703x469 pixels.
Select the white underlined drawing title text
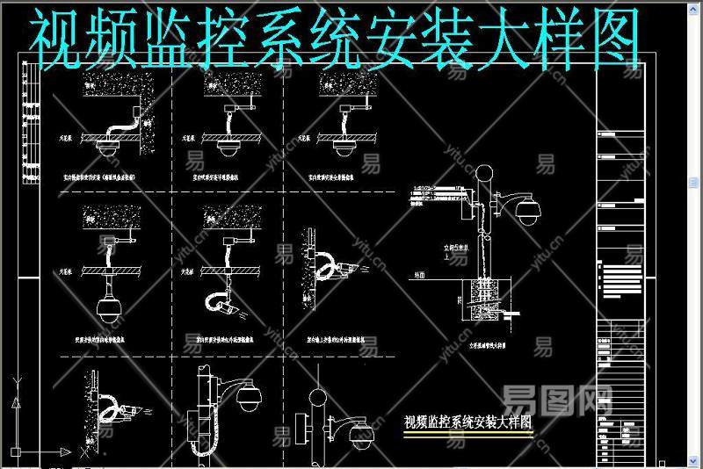(x=467, y=422)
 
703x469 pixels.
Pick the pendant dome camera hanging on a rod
(x=110, y=304)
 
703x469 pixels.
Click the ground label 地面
(x=418, y=276)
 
